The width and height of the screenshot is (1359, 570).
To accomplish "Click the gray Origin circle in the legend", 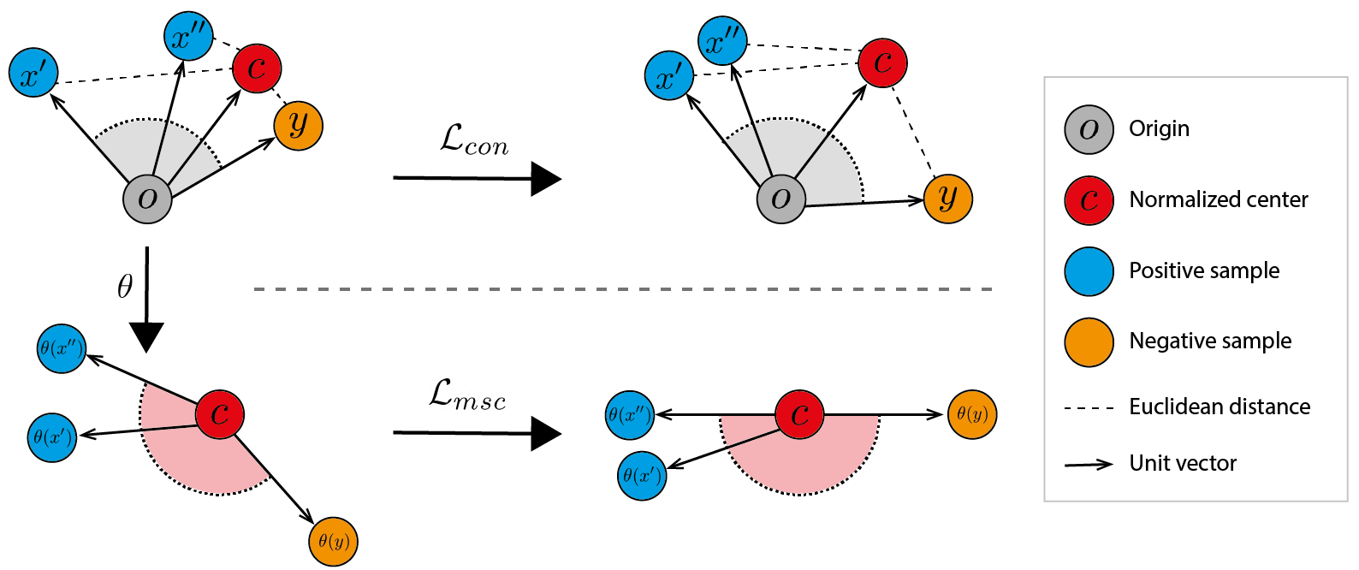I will pos(1089,130).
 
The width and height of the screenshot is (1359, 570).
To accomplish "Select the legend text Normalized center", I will pos(1218,200).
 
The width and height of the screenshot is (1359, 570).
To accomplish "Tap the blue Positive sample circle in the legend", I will pos(1089,271).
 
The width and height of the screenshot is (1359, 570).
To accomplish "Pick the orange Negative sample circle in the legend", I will pos(1089,342).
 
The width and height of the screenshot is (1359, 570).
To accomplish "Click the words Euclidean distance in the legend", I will pos(1219,407).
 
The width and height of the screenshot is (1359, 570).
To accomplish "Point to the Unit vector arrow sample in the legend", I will pos(1089,464).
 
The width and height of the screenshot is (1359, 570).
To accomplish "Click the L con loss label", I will pos(475,140).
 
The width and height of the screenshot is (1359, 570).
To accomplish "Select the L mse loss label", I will pos(467,394).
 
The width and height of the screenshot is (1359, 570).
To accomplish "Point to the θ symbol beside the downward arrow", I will pos(125,285).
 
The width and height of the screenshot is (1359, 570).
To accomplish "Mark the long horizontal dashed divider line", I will pos(623,289).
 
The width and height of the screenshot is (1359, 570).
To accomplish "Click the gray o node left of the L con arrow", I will pos(147,199).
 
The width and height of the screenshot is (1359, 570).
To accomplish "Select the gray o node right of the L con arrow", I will pos(780,199).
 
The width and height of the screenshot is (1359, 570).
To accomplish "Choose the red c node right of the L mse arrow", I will pos(799,415).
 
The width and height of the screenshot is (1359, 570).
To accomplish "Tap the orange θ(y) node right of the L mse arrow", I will pos(972,414).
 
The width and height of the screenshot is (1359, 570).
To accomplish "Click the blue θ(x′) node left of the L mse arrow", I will pos(52,437).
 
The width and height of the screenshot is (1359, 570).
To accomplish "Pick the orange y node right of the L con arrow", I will pos(948,199).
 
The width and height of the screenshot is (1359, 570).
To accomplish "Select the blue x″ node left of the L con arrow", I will pos(187,37).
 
